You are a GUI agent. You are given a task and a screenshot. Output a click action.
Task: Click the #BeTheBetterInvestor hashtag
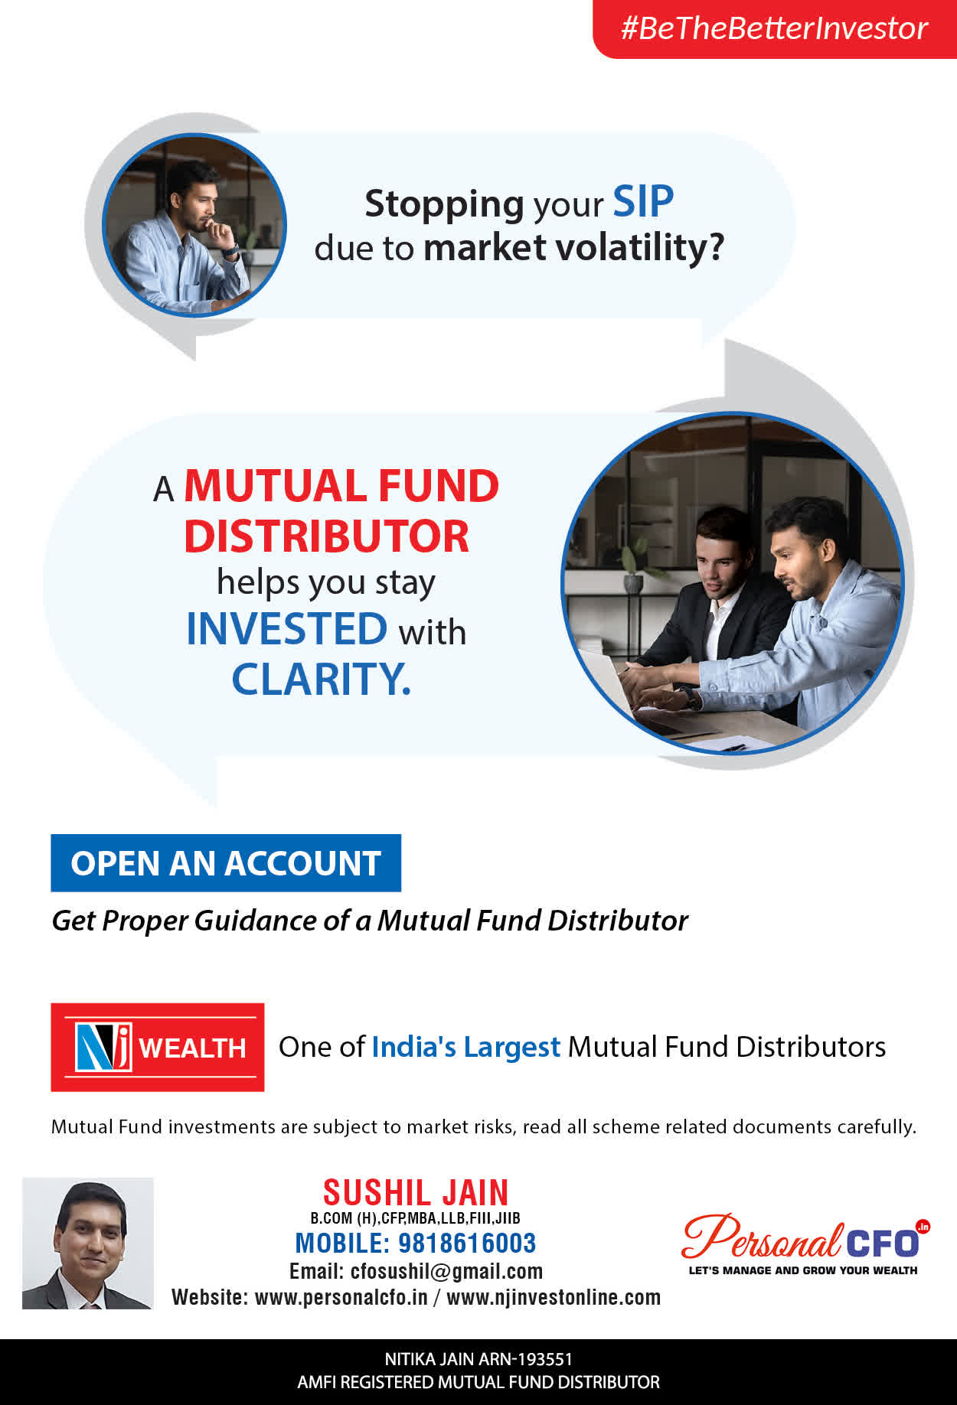tap(774, 28)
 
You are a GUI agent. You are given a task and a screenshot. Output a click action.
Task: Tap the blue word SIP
tap(643, 202)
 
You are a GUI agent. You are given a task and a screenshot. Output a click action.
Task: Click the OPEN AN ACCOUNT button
tap(226, 863)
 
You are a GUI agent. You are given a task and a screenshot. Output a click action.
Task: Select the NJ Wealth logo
tap(158, 1047)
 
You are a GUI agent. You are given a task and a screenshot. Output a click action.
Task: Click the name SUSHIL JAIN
tap(416, 1193)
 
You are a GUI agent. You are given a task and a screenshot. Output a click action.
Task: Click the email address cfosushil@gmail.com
tap(446, 1272)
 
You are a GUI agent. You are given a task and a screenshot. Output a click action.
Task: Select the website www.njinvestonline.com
tap(554, 1298)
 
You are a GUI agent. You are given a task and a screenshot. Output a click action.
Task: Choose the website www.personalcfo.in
tap(341, 1298)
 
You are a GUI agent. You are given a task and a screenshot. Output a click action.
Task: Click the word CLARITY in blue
tap(322, 680)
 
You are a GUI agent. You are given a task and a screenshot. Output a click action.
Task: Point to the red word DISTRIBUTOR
tap(326, 536)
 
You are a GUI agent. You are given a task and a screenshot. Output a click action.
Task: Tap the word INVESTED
tap(287, 629)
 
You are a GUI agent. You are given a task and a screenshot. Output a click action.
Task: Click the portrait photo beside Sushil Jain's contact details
tap(88, 1244)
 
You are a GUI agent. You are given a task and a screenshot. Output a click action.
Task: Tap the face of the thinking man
tap(201, 205)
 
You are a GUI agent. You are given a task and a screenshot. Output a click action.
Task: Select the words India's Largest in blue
tap(465, 1047)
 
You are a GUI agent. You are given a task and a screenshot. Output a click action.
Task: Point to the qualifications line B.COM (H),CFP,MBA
tap(415, 1218)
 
